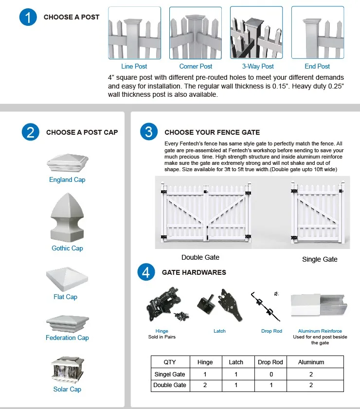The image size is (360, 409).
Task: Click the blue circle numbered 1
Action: click(29, 18)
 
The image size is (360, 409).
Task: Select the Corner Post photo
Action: click(195, 33)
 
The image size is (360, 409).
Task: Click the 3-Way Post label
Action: click(258, 66)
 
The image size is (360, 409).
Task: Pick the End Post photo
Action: click(317, 33)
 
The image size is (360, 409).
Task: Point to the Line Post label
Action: click(134, 66)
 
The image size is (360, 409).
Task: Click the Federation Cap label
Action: click(67, 338)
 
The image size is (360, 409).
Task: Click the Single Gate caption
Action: click(320, 259)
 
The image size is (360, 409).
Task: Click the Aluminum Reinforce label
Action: click(320, 331)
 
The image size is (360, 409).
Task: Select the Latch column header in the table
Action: click(236, 362)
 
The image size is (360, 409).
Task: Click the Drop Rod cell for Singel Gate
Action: click(271, 374)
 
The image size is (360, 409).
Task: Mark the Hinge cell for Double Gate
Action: click(205, 385)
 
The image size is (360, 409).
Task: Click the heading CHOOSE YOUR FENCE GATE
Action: click(212, 132)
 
